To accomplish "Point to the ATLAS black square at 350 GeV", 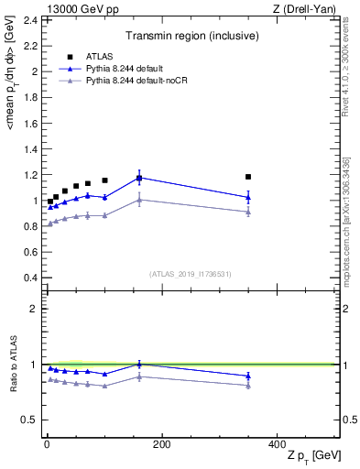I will pyautogui.click(x=248, y=177).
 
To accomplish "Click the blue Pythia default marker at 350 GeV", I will pyautogui.click(x=248, y=197).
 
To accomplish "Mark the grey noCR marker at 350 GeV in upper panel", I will pyautogui.click(x=248, y=212).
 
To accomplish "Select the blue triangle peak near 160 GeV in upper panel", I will pyautogui.click(x=139, y=178).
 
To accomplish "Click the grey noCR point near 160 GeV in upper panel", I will pyautogui.click(x=139, y=199).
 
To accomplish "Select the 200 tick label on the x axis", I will pyautogui.click(x=161, y=444).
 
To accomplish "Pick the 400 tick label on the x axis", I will pyautogui.click(x=277, y=444).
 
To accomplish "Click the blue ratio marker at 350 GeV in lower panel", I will pyautogui.click(x=248, y=376).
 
